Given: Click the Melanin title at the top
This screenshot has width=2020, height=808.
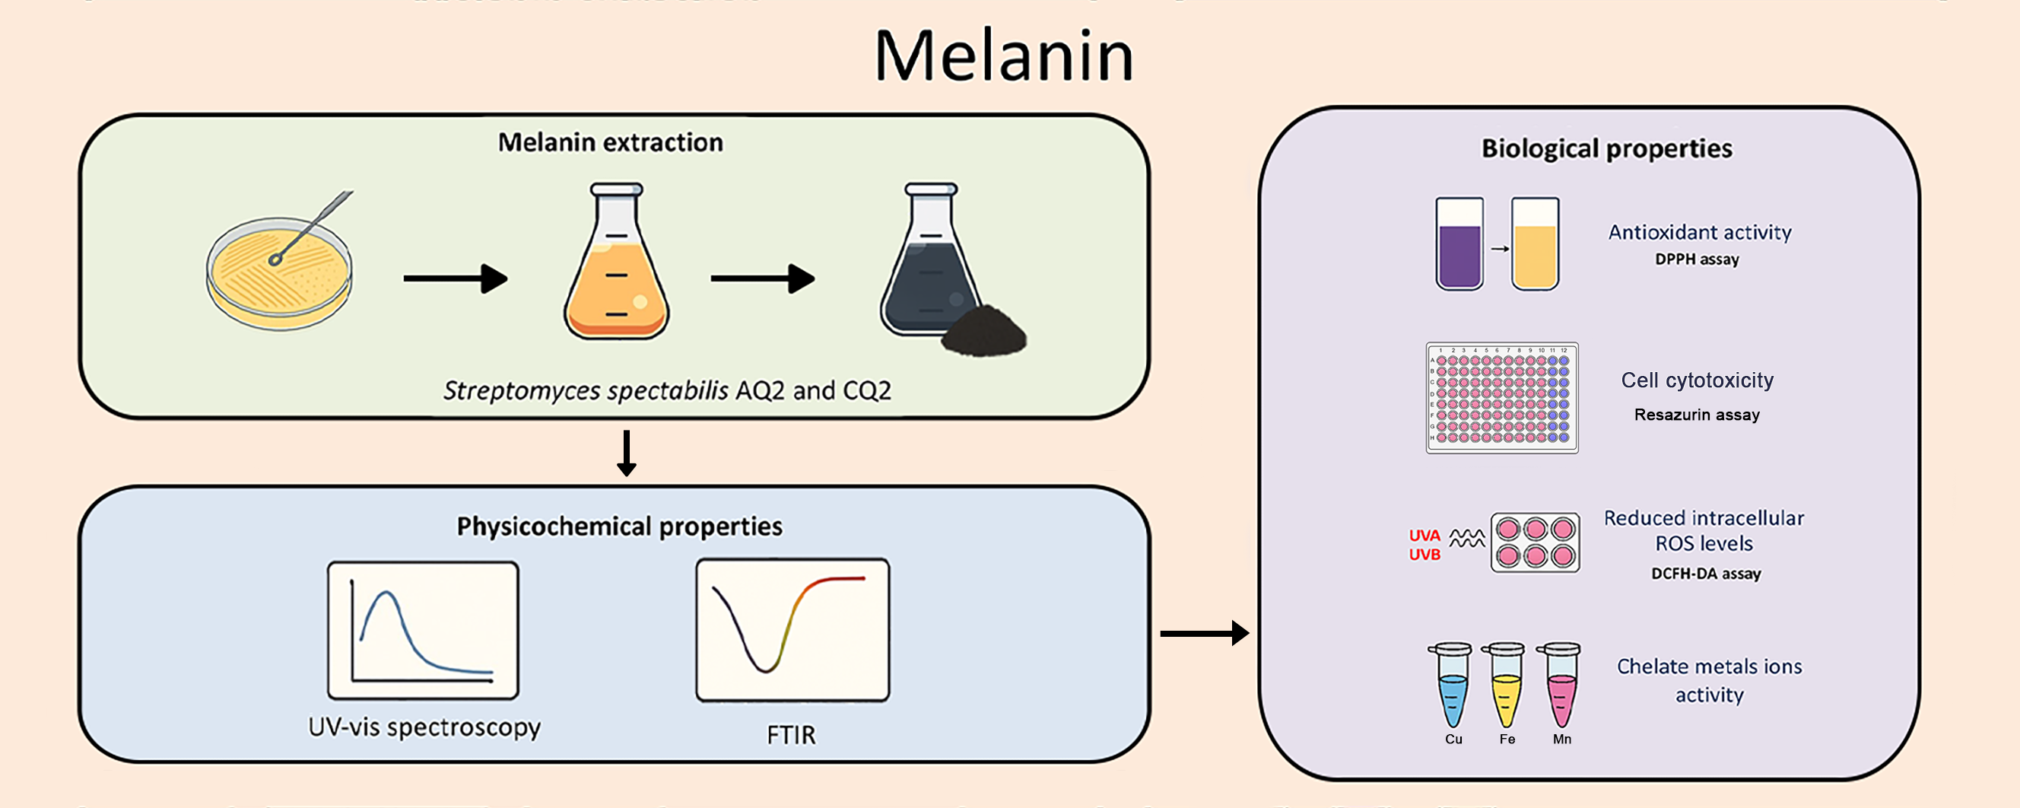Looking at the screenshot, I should click(1003, 56).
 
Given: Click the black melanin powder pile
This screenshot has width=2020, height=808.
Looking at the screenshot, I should click(983, 332).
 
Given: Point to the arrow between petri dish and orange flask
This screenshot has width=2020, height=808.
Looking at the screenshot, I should click(456, 278).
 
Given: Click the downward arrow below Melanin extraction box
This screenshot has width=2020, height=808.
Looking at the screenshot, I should click(626, 453).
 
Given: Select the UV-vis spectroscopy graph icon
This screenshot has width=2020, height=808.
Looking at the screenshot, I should click(423, 630).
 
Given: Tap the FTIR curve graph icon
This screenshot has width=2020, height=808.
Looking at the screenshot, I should click(792, 630).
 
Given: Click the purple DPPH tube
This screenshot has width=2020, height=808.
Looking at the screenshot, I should click(1459, 244).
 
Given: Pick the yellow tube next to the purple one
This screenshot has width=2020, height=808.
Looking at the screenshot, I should click(1535, 244).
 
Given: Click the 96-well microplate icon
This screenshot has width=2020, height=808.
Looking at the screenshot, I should click(1501, 398).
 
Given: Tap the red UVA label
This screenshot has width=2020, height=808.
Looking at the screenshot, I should click(1424, 536).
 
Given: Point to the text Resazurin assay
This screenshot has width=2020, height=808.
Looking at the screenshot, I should click(1696, 415).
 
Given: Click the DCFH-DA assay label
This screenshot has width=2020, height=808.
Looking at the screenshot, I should click(1706, 574).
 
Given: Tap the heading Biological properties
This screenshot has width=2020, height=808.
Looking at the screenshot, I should click(1606, 149).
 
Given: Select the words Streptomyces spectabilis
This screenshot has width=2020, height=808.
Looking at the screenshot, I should click(585, 390).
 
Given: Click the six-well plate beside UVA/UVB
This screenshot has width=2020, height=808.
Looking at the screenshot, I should click(1535, 542).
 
